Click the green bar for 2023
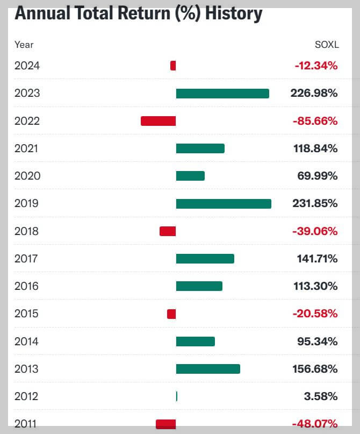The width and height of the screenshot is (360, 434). pos(222,94)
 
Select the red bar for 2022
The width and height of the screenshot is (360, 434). pos(158,121)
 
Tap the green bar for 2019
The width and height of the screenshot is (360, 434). pos(224,204)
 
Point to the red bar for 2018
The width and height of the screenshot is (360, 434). pos(168,231)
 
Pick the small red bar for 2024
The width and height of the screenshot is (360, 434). pos(173,66)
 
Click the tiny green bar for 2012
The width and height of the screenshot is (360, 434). pos(177,396)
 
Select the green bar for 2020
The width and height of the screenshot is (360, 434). pos(190,176)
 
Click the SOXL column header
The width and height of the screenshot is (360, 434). pos(326,45)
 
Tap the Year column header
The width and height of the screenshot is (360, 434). pos(24,45)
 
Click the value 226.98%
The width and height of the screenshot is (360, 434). pos(314,94)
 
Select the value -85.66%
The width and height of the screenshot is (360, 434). pos(315,121)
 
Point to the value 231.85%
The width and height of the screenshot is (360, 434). pos(314,204)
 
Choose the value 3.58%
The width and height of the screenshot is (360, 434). pos(321,396)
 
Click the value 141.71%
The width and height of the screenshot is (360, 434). pos(318,259)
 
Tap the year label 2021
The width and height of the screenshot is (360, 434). pos(27,148)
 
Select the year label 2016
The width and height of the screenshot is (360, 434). pos(27,286)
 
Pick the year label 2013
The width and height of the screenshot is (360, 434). pos(27,369)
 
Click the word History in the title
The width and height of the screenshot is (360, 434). pos(231,13)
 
